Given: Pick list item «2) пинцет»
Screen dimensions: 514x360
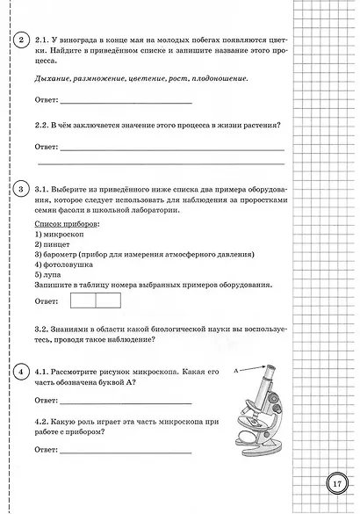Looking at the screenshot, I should tap(52, 249).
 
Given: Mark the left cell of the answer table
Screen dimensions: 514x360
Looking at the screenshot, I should tap(81, 325).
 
